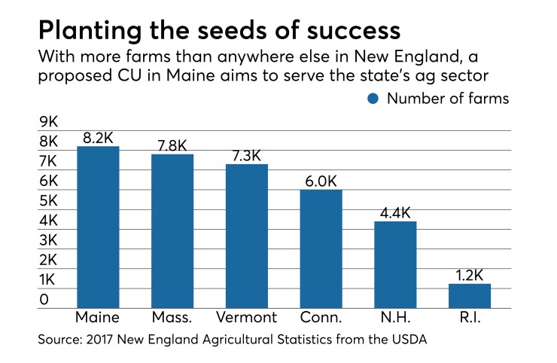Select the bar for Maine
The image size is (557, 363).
(x=98, y=227)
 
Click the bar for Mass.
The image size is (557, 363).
(x=172, y=230)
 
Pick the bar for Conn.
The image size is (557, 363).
(x=321, y=249)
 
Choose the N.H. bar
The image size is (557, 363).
(x=395, y=264)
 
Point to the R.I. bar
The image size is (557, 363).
(x=469, y=295)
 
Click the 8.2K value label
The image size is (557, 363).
(x=98, y=138)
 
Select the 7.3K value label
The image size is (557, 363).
(x=246, y=155)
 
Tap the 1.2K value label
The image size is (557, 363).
(x=469, y=274)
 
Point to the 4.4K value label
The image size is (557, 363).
(x=395, y=212)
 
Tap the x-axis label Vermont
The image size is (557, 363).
(x=246, y=317)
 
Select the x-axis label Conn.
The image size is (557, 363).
(x=321, y=317)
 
